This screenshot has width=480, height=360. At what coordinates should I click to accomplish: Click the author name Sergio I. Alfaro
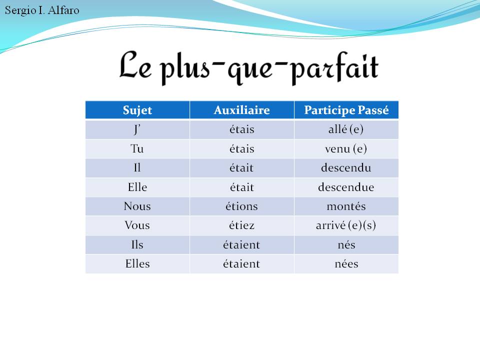42,10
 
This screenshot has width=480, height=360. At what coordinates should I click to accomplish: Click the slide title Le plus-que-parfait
248,67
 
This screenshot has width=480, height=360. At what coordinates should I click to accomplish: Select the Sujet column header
137,110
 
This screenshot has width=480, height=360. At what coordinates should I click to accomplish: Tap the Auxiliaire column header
241,110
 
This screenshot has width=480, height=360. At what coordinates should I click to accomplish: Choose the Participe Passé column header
346,110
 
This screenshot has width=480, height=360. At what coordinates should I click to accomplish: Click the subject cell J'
137,129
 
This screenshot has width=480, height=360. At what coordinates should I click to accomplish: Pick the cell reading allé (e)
346,129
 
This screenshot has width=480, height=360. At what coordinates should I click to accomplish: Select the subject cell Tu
137,149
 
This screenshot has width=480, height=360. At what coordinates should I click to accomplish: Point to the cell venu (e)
346,149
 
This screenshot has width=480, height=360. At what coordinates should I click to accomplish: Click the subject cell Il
137,168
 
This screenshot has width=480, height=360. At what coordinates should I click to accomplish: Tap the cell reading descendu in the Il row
346,168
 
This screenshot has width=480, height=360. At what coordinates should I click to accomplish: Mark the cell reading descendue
346,187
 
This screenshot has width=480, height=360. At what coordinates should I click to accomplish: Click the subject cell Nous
137,206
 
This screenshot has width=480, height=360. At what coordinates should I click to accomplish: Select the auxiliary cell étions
241,206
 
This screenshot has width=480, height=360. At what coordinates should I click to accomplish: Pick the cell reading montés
346,206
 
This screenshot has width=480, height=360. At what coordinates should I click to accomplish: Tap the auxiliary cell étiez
241,225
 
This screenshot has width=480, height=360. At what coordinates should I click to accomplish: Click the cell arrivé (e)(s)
346,225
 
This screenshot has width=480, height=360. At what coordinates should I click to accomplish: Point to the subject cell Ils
137,245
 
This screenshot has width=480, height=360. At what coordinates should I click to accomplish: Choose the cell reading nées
346,264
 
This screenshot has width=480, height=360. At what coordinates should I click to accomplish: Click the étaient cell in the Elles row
241,264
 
